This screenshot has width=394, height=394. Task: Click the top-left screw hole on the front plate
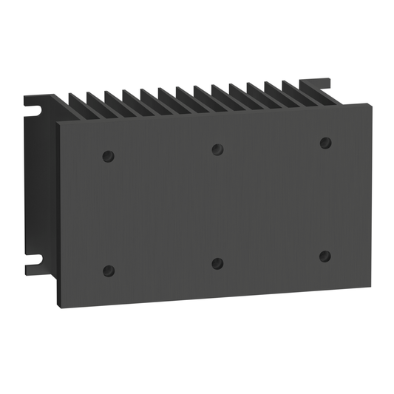(108, 156)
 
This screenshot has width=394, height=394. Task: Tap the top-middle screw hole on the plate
(217, 149)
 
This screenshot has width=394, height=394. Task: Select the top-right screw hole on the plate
(325, 142)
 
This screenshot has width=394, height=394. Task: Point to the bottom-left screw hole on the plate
(109, 270)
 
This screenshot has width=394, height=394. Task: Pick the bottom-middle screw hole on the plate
(217, 263)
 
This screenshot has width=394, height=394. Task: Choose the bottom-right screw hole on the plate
(325, 256)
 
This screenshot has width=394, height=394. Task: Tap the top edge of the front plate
(214, 114)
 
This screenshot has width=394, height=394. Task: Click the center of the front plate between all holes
(217, 206)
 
